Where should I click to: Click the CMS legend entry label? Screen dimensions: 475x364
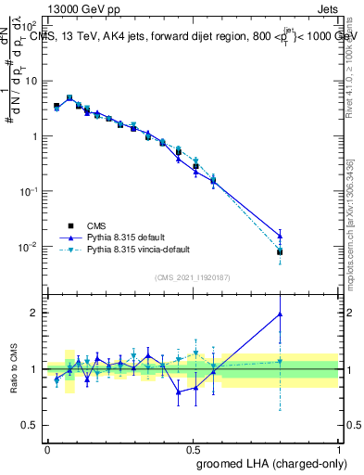click(x=97, y=225)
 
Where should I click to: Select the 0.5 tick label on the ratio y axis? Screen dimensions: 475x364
click(x=31, y=425)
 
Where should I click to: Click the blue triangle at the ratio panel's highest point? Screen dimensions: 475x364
click(x=280, y=315)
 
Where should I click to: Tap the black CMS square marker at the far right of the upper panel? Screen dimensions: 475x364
click(x=280, y=251)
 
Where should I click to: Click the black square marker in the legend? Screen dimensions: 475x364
click(x=70, y=225)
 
